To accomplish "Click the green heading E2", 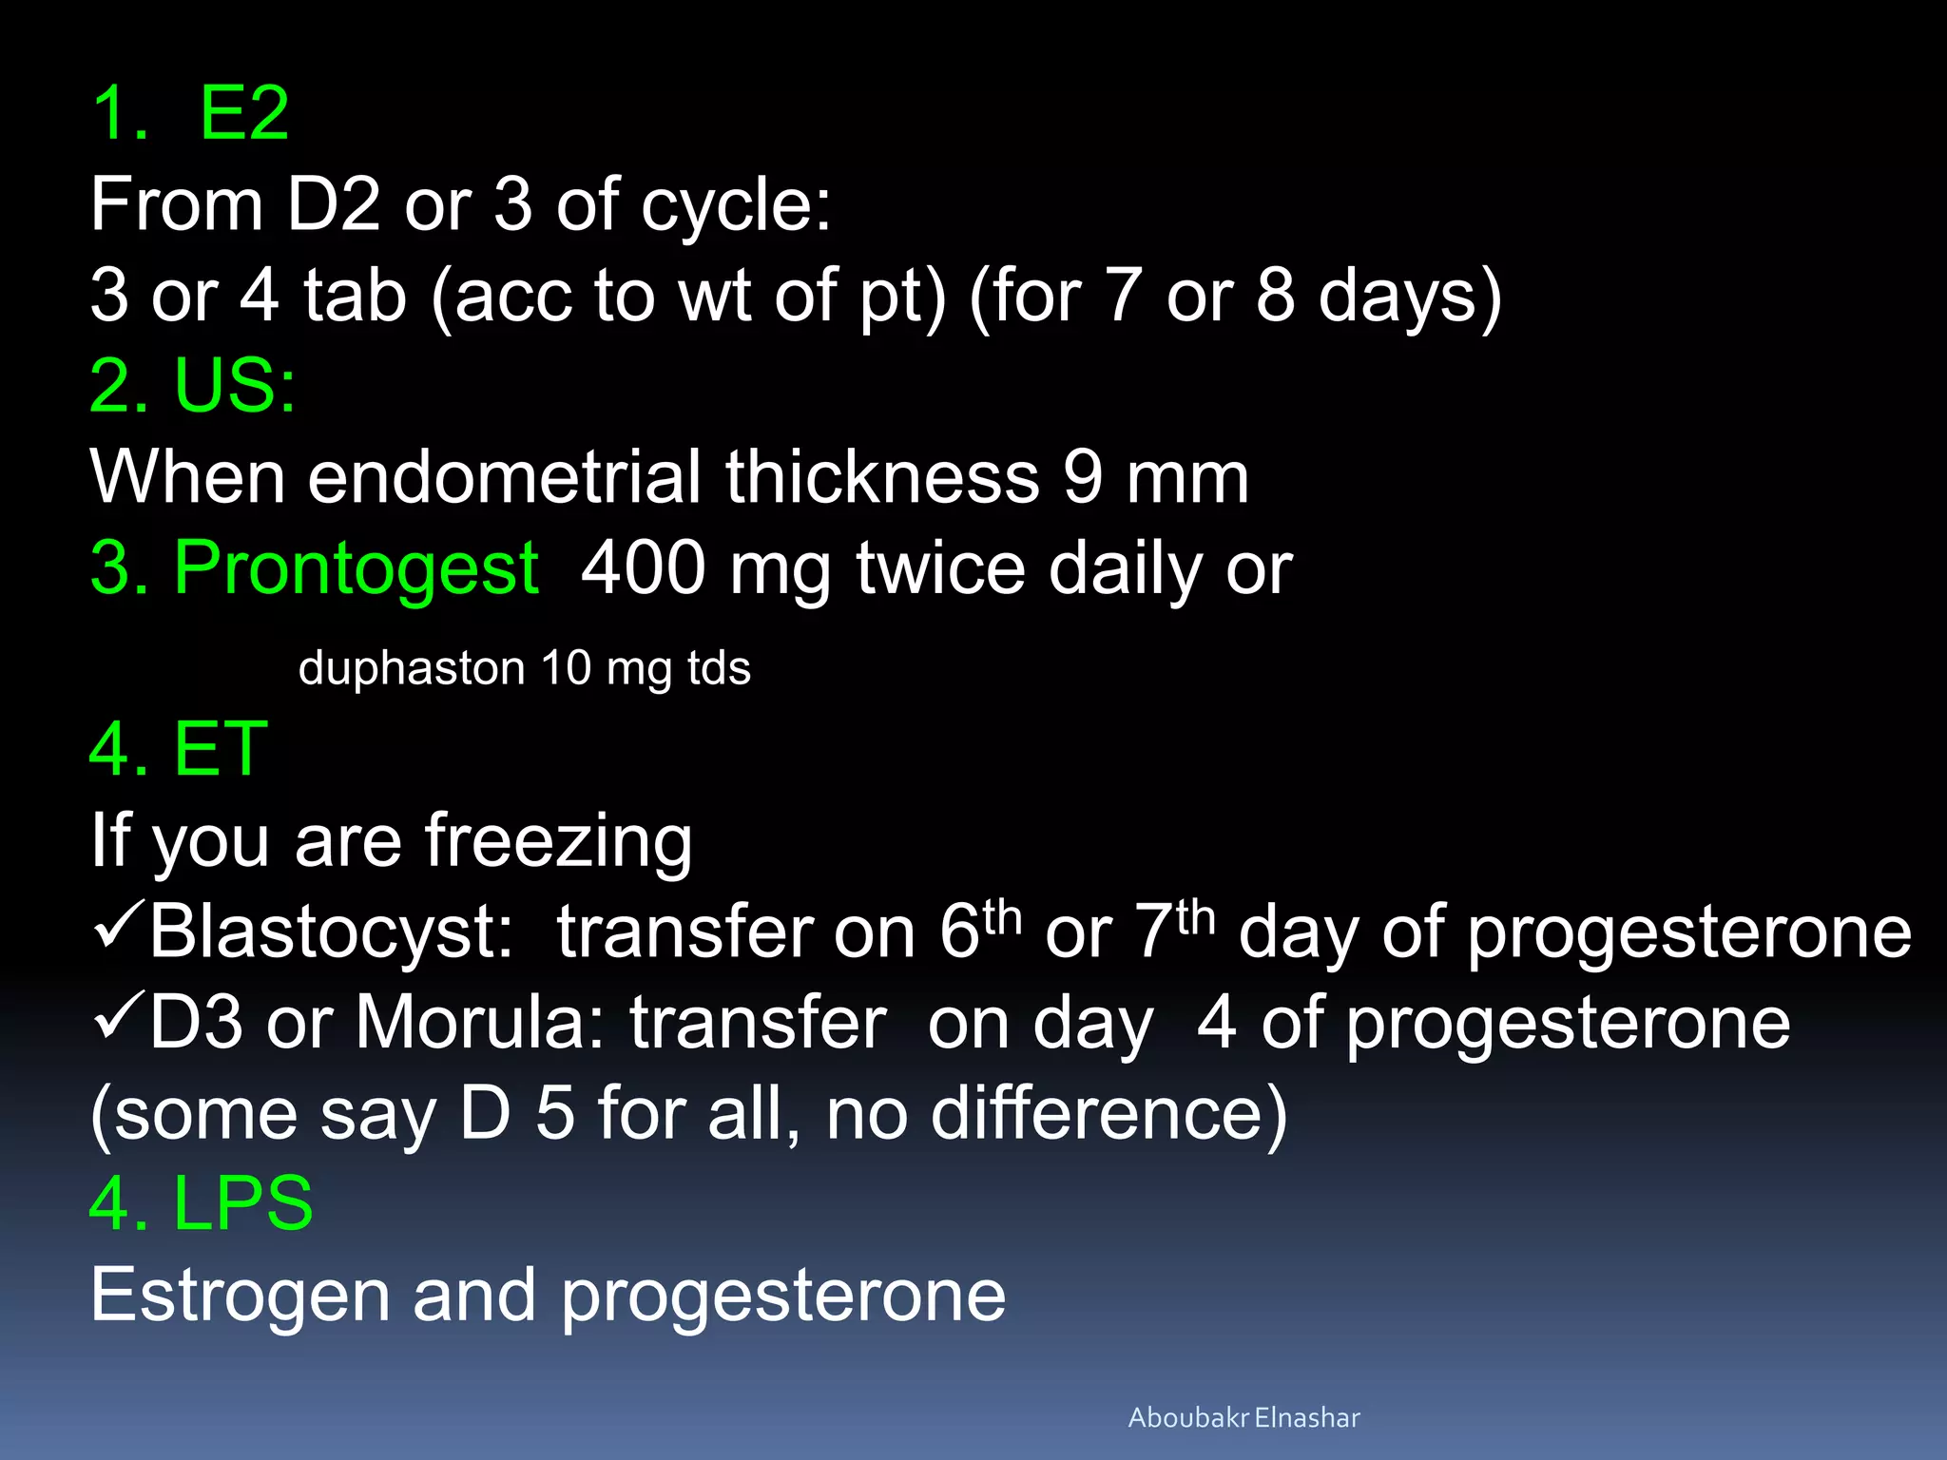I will [243, 114].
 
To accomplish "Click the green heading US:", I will [234, 386].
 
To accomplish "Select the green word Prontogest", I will [356, 568].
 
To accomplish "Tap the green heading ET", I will [221, 749].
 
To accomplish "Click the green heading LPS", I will [242, 1203].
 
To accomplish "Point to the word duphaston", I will [411, 667].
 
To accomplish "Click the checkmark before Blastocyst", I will [118, 927].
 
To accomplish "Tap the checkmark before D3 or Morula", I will [118, 1017].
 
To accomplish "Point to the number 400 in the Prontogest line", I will [643, 568].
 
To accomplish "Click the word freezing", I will [557, 842].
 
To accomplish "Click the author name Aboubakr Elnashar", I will [1243, 1417].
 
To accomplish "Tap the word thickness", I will [882, 477].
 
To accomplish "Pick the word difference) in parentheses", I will [1108, 1114].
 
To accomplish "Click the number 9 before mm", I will [1083, 477].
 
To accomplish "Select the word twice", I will [939, 568].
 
